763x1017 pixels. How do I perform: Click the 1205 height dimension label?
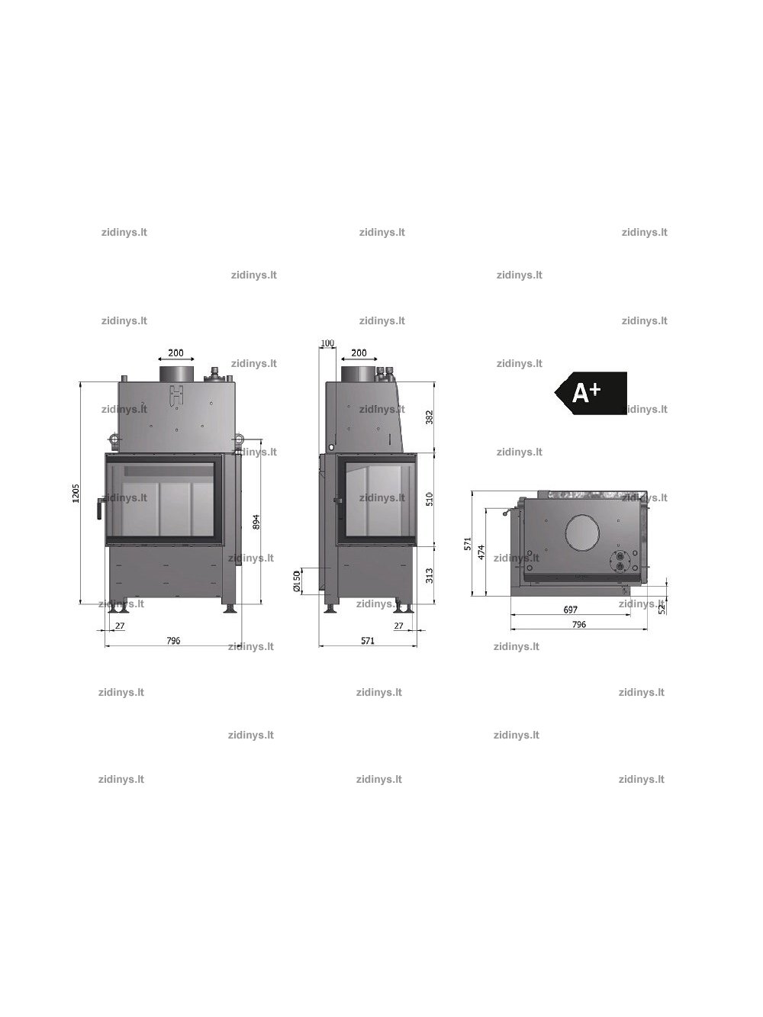pyautogui.click(x=76, y=493)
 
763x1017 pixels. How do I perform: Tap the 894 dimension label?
pyautogui.click(x=256, y=522)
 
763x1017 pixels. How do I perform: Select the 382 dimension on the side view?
pyautogui.click(x=430, y=417)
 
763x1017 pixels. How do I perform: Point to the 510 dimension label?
pyautogui.click(x=430, y=499)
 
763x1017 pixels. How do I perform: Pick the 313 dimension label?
pyautogui.click(x=430, y=575)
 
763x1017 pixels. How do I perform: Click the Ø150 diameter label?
pyautogui.click(x=297, y=581)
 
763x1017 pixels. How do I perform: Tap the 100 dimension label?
pyautogui.click(x=327, y=343)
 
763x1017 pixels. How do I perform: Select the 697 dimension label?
pyautogui.click(x=570, y=610)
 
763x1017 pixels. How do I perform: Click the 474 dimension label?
pyautogui.click(x=481, y=552)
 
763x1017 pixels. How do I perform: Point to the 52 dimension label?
pyautogui.click(x=662, y=607)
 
